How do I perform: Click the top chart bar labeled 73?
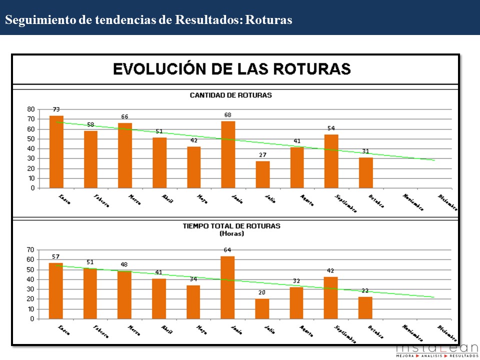(56, 152)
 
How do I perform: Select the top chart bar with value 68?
(228, 154)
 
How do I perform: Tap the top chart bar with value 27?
(262, 174)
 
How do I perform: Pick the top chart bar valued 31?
(365, 172)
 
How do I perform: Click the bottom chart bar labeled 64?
(227, 287)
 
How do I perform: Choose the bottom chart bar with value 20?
(262, 308)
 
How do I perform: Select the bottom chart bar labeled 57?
(56, 290)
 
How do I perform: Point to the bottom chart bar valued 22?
(365, 307)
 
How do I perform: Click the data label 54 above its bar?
(331, 129)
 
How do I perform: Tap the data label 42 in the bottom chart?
(330, 270)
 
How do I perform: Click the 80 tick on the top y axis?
(31, 109)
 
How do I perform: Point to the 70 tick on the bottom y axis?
(31, 249)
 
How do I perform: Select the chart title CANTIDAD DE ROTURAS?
(230, 95)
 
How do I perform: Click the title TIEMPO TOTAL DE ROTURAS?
(231, 226)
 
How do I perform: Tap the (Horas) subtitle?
(231, 233)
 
